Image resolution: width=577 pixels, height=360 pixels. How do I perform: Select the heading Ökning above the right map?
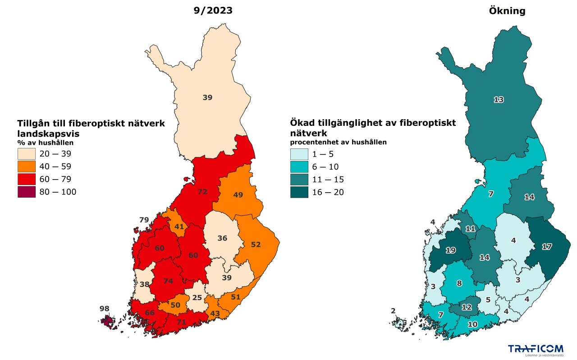click(507, 11)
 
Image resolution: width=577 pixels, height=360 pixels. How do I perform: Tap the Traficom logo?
click(536, 349)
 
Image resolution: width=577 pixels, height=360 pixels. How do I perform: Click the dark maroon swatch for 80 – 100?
click(27, 192)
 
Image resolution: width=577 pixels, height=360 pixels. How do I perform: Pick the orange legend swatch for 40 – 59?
click(27, 166)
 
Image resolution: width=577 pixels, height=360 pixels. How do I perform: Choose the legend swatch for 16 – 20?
click(299, 192)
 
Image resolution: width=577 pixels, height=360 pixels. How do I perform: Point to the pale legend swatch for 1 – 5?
click(299, 154)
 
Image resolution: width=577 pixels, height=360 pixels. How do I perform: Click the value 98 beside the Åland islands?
click(105, 309)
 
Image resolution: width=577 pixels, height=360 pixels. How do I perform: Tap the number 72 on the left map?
click(202, 192)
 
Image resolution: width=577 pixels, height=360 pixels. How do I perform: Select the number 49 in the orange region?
click(238, 195)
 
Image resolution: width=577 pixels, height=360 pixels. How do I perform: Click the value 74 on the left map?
click(168, 281)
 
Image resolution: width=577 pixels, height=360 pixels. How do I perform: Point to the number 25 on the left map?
click(197, 297)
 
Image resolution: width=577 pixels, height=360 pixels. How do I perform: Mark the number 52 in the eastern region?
click(256, 244)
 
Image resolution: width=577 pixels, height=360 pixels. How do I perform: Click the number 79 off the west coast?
click(144, 220)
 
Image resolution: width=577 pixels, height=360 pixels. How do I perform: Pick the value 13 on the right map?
click(498, 100)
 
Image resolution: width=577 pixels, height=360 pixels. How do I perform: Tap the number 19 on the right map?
click(450, 250)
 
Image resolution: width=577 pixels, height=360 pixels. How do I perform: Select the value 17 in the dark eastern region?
click(546, 247)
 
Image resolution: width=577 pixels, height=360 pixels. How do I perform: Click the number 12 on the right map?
click(467, 307)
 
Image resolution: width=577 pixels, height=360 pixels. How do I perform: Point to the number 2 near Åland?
click(393, 311)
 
